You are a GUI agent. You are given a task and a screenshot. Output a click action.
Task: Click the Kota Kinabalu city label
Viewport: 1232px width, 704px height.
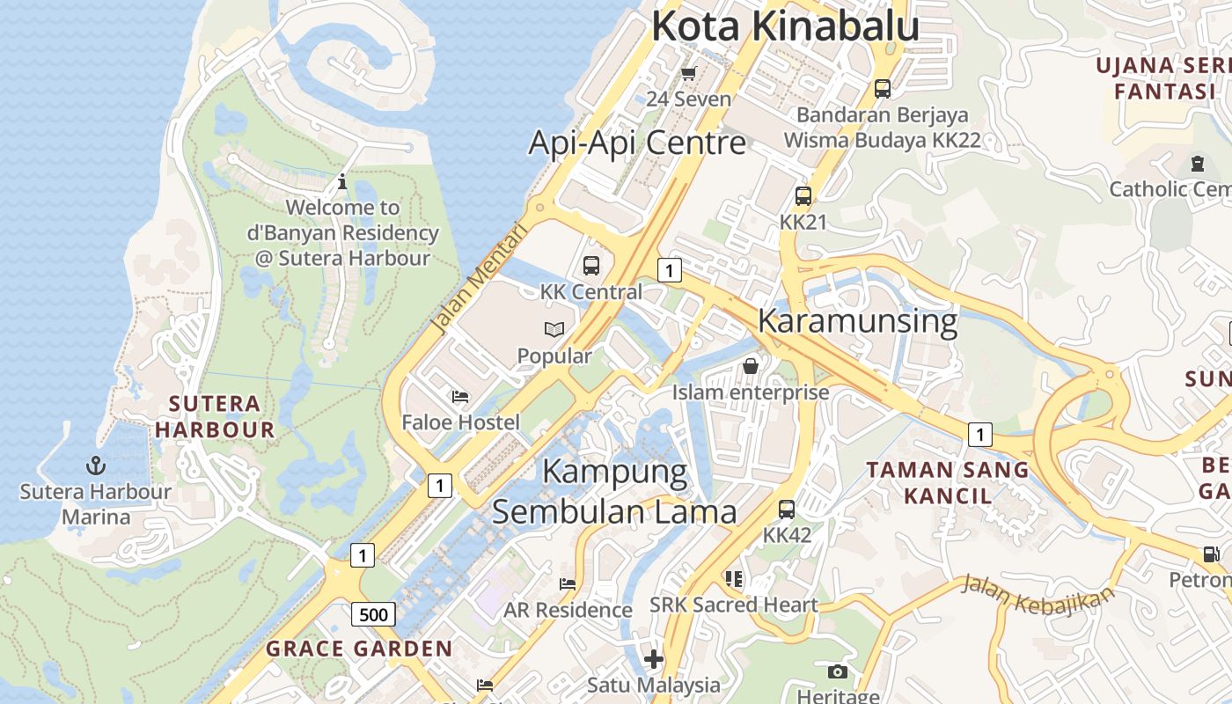[x=785, y=26]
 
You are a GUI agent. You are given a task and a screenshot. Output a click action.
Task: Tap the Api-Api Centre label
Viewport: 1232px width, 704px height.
[x=637, y=143]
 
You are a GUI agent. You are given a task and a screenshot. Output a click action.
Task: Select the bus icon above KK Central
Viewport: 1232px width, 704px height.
[x=591, y=265]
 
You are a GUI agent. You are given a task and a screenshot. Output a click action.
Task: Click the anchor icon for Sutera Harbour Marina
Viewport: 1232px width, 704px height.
[x=95, y=465]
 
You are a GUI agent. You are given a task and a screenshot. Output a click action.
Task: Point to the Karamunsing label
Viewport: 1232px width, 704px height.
[x=857, y=321]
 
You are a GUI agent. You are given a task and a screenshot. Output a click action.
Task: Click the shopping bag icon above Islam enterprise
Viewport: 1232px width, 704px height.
[x=751, y=365]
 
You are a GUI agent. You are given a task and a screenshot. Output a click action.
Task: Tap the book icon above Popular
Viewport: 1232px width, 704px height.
[x=554, y=330]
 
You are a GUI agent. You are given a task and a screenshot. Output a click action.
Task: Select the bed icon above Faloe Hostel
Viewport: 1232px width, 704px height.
[x=460, y=397]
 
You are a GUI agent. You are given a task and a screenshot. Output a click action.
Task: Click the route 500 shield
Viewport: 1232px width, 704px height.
[x=374, y=614]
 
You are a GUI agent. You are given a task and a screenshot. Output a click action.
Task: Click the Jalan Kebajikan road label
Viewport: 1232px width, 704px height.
[x=1036, y=595]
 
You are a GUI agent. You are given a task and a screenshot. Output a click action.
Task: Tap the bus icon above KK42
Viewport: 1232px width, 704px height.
[x=787, y=509]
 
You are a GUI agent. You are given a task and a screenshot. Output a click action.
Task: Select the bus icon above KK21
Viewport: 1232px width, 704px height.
[x=803, y=195]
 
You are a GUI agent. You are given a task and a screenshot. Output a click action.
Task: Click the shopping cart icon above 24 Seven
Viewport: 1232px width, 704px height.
[x=689, y=73]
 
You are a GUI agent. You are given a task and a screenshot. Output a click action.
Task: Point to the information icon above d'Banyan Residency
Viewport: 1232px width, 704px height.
[x=342, y=182]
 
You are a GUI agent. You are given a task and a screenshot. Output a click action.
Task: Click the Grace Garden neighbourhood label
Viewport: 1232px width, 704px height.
[x=359, y=649]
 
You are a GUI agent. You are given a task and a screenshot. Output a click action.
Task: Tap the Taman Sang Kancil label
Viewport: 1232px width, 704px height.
[x=948, y=482]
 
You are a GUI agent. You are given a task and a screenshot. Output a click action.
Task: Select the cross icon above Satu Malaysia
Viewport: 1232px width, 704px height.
[x=653, y=658]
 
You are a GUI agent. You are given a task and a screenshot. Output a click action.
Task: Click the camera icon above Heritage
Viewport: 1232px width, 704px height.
[x=838, y=672]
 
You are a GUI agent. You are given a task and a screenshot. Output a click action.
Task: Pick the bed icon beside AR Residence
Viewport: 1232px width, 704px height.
[x=568, y=583]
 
